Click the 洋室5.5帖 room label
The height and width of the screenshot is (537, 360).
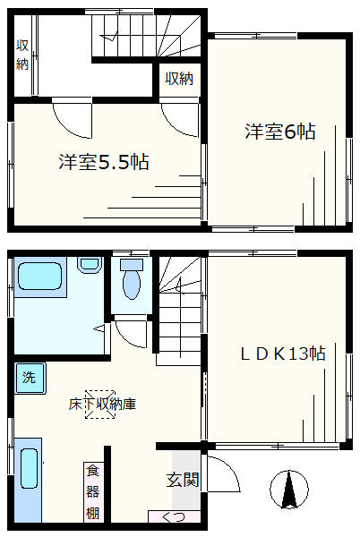click(x=104, y=163)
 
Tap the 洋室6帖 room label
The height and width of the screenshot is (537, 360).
click(x=280, y=132)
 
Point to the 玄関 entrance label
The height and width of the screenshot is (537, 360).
click(x=183, y=480)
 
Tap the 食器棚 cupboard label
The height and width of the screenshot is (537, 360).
click(x=92, y=492)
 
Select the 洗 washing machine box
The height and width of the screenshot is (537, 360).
click(x=29, y=377)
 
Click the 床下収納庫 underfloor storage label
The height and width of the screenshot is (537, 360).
click(x=103, y=404)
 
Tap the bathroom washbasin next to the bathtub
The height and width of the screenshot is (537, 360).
click(x=89, y=265)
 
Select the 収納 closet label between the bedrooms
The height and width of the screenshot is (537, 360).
click(x=179, y=79)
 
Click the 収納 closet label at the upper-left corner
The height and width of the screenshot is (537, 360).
click(x=21, y=55)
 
